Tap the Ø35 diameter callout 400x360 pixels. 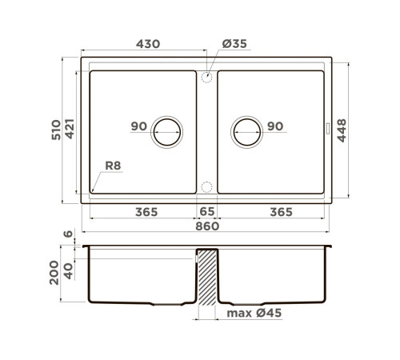231,46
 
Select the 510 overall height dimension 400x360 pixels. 54,130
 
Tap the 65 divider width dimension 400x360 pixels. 206,212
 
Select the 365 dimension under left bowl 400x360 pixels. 145,212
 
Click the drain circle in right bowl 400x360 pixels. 247,130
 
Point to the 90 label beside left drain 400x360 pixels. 138,126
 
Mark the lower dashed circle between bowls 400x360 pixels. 206,188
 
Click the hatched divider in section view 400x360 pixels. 207,276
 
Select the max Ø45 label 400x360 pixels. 254,313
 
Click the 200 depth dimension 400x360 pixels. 54,271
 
